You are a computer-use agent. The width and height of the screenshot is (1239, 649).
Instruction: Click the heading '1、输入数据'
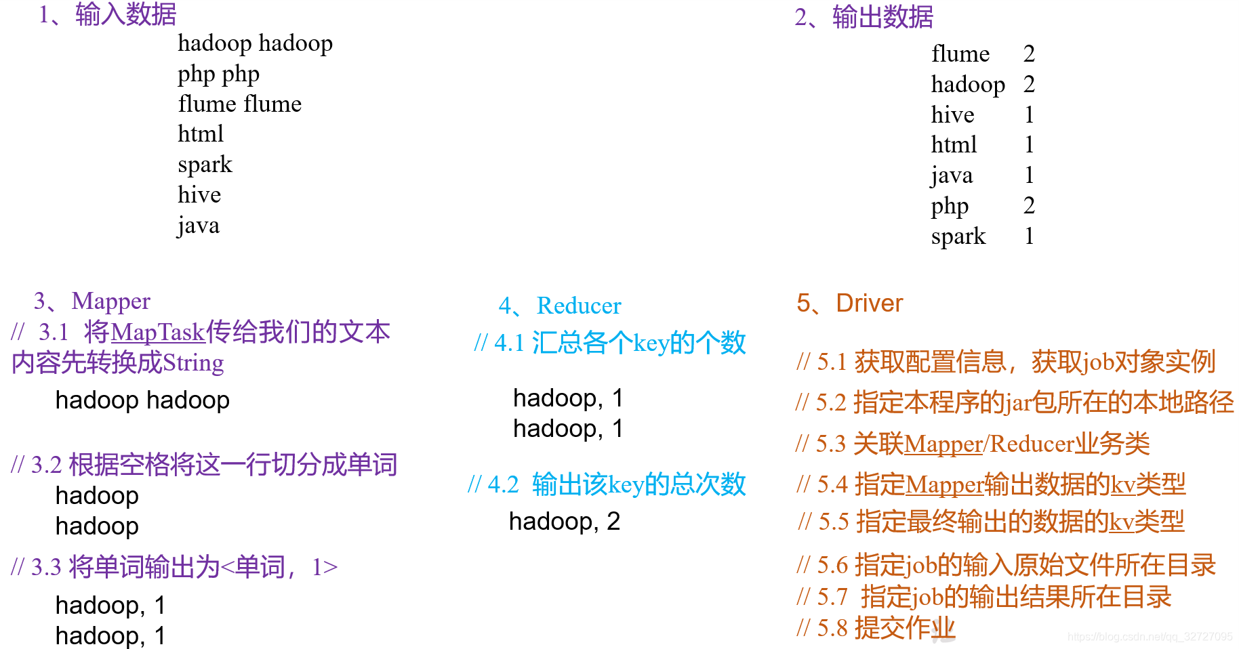click(108, 14)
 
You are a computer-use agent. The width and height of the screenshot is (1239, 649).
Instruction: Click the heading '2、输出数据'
click(864, 17)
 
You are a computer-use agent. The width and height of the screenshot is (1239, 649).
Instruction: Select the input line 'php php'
click(218, 74)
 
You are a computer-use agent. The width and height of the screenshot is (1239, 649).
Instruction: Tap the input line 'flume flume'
click(239, 104)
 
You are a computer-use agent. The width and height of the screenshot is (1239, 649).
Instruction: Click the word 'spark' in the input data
click(205, 165)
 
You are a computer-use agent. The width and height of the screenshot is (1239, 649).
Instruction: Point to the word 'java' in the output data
click(952, 175)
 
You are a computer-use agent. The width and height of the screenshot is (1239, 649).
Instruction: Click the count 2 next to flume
click(1029, 54)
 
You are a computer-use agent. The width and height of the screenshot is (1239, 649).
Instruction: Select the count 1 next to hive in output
click(1029, 114)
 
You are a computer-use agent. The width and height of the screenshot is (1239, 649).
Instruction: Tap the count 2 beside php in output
click(1029, 205)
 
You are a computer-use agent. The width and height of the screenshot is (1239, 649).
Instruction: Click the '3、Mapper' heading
click(92, 301)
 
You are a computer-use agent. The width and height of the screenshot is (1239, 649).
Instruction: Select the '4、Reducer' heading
click(560, 306)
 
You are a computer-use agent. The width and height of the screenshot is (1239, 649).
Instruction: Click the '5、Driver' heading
click(849, 303)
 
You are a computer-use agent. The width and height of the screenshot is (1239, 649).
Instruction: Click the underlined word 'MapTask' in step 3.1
click(157, 332)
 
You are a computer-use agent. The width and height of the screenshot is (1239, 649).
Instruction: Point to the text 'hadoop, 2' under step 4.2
click(564, 521)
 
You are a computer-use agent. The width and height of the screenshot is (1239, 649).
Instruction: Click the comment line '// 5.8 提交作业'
click(876, 628)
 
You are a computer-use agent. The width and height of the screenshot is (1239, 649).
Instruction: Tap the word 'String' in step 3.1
click(193, 363)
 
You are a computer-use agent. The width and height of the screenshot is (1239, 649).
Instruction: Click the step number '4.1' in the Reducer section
click(509, 343)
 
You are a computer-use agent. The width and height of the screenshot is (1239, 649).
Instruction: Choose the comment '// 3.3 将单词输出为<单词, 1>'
click(174, 567)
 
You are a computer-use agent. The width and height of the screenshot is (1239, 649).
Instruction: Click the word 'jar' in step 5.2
click(1018, 403)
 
